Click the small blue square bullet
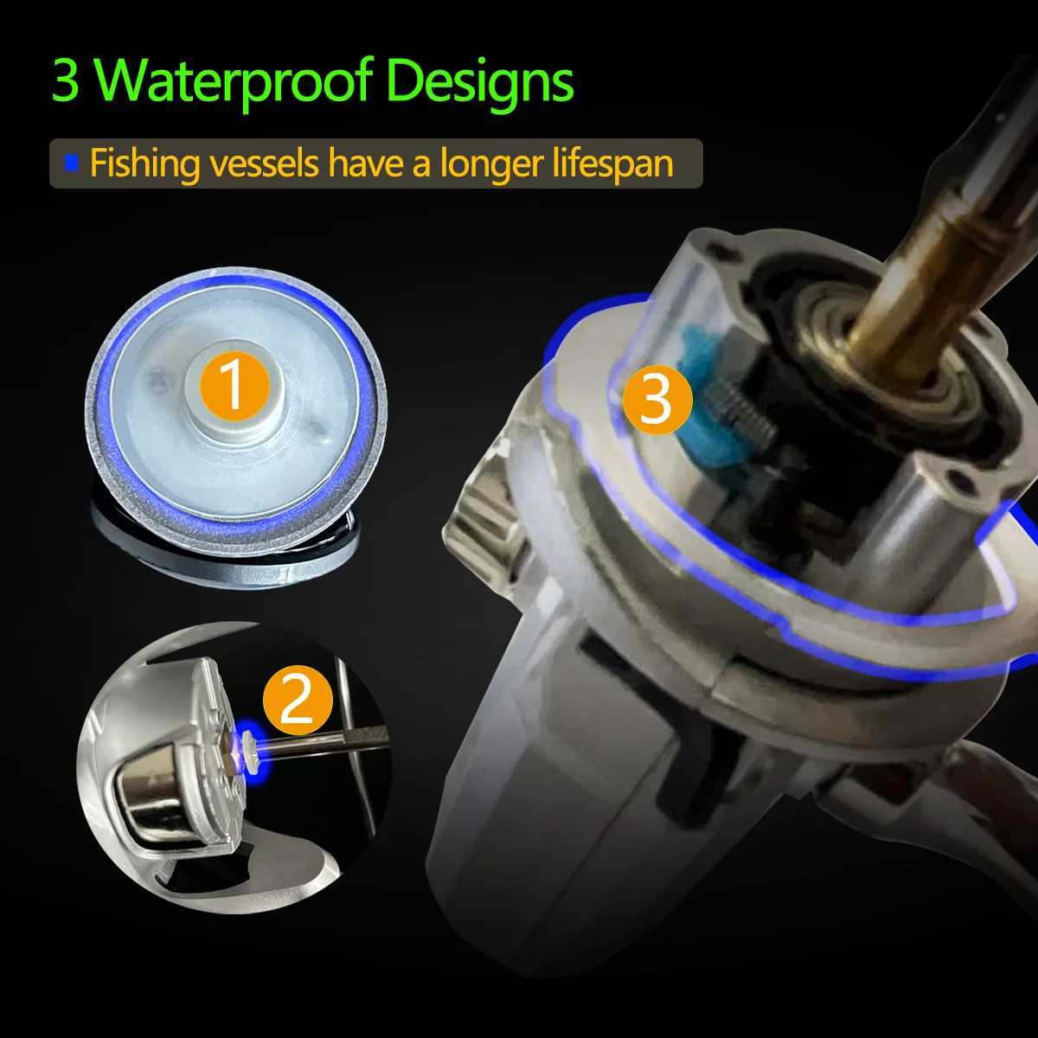[x=72, y=162]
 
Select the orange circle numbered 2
[x=297, y=701]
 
